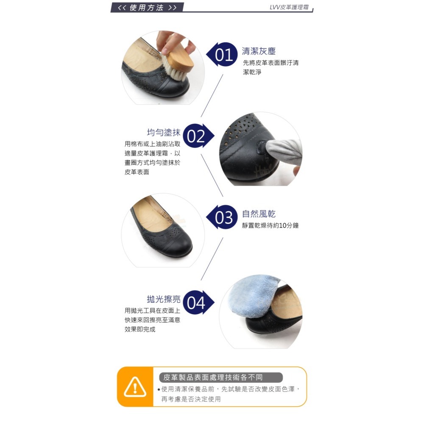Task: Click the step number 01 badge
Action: click(x=224, y=55)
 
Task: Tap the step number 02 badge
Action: click(x=196, y=136)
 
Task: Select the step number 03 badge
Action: click(x=224, y=218)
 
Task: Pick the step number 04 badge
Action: click(x=196, y=303)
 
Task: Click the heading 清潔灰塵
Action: click(x=259, y=51)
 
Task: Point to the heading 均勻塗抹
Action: click(x=164, y=132)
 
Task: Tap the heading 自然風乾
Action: click(x=259, y=214)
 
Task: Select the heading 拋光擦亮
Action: click(x=164, y=299)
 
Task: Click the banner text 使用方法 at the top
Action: click(x=147, y=8)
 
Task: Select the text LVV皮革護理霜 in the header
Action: click(x=289, y=7)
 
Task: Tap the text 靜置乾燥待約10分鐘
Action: click(x=271, y=226)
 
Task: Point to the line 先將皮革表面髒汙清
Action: click(x=271, y=63)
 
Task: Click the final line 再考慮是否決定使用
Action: click(x=191, y=399)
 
